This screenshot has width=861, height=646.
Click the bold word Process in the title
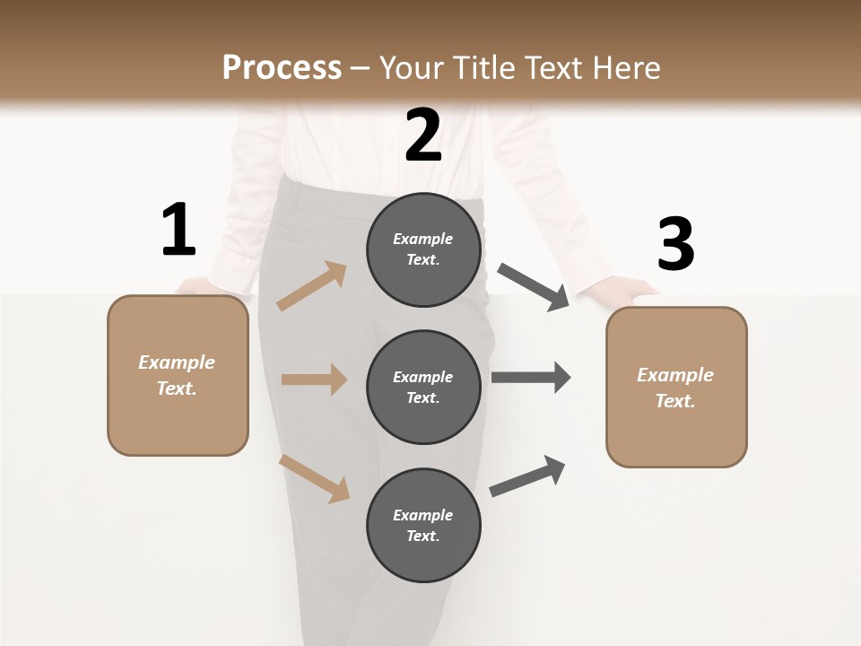pos(282,67)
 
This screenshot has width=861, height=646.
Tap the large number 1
pos(178,231)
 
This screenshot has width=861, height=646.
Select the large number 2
pos(423,135)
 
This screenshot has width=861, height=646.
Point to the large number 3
pos(675,245)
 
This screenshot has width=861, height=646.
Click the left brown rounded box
pos(178,375)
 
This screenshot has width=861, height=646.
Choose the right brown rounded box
pos(676,387)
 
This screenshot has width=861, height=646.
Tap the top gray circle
pos(423,249)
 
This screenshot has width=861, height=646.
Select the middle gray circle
pos(423,387)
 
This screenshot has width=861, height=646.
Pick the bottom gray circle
pos(423,525)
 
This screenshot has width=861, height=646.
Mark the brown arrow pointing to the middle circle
pos(314,380)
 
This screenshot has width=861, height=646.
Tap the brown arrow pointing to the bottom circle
pos(314,478)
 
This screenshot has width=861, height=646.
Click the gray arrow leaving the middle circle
pos(531,378)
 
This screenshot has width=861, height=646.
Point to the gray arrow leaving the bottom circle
pos(528,476)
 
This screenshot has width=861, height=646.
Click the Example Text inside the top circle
pos(423,249)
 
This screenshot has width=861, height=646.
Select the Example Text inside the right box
pos(675,388)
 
